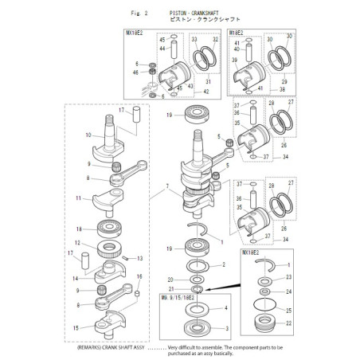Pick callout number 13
[x=140, y=258]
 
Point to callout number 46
[x=136, y=72]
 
